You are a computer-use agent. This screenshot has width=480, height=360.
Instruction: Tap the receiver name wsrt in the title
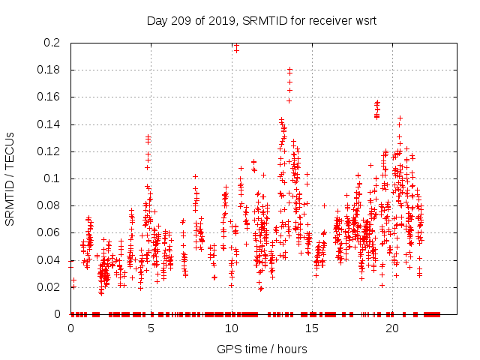point(364,21)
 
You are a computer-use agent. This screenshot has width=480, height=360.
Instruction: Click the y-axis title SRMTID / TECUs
point(10,178)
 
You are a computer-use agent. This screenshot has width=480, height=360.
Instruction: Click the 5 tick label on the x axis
point(151,329)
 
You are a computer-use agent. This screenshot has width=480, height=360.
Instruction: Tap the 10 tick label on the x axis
point(232,329)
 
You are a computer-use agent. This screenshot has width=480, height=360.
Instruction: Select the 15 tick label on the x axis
point(312,329)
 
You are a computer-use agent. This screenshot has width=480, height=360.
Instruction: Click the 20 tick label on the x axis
point(392,329)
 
